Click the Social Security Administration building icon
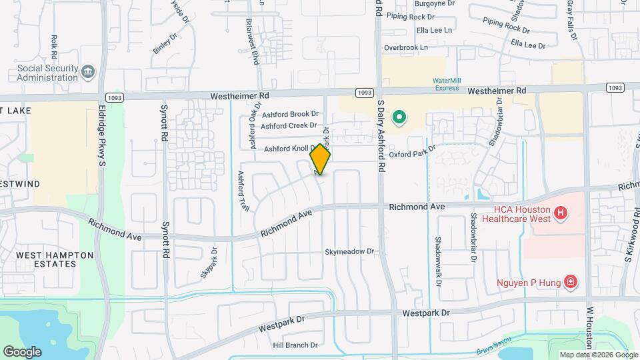(88, 71)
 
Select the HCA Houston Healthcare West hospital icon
(561, 213)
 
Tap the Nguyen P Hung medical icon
(570, 283)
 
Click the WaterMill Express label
(447, 84)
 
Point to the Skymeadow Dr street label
(350, 252)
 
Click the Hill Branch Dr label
(295, 345)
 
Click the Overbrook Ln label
(409, 48)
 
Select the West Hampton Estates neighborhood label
(47, 259)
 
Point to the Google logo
(23, 351)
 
